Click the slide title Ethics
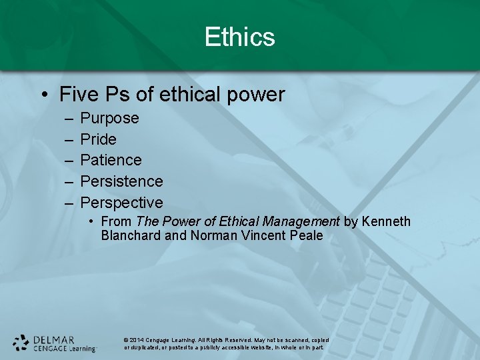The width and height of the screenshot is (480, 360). click(239, 37)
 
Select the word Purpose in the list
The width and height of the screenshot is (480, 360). click(109, 119)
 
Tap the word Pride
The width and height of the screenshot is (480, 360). click(98, 139)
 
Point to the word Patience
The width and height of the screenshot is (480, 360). click(111, 160)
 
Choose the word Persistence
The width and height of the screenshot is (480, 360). click(121, 181)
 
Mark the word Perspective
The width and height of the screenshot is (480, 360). click(121, 202)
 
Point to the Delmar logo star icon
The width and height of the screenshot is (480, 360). click(21, 343)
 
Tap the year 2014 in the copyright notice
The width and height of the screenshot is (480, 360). click(137, 340)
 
